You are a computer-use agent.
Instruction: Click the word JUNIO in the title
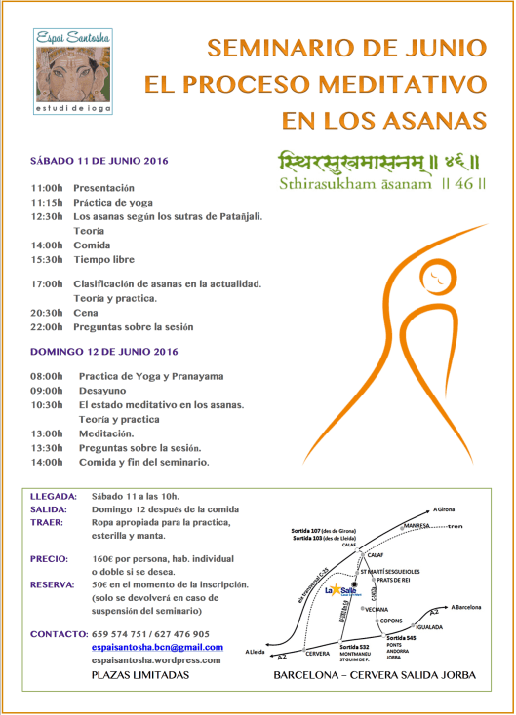coord(438,46)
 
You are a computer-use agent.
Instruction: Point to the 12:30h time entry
coord(47,215)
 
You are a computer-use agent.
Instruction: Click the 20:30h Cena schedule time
coord(47,313)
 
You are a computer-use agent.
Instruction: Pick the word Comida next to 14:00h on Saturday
coord(93,245)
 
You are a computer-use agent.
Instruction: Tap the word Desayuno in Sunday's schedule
coord(102,390)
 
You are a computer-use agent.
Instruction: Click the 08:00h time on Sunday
coord(47,375)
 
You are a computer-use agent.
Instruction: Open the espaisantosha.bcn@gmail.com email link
coord(156,647)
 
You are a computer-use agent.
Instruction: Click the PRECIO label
coord(51,559)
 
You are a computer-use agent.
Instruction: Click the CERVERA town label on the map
coord(318,653)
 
